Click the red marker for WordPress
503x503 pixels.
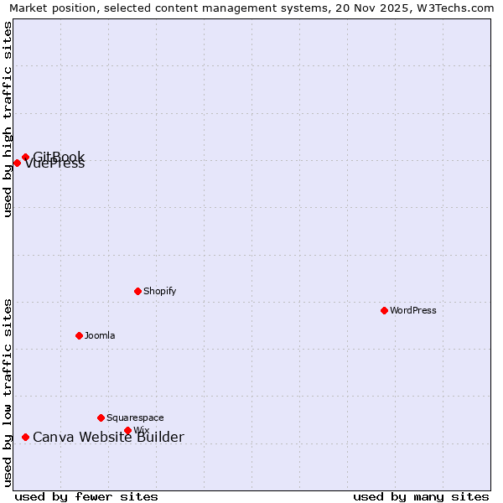384,310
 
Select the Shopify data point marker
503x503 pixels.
137,291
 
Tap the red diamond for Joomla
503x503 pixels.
79,335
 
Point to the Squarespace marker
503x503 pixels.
101,417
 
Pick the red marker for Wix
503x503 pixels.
127,430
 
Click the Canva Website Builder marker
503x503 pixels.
25,437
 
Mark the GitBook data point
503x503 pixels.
25,157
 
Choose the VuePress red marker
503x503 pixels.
17,163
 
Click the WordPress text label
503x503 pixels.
413,310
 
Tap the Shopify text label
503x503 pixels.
159,291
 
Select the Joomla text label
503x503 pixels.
100,335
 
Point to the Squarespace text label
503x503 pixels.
135,417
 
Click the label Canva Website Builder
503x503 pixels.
108,437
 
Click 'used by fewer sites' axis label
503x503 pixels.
86,496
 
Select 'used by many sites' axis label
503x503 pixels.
421,496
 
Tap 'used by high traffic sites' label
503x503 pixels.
8,119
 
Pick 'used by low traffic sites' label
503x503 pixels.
8,392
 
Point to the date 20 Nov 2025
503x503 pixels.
367,8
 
